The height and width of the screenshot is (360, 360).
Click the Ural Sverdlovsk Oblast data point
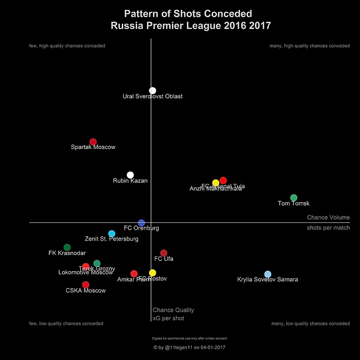(152, 90)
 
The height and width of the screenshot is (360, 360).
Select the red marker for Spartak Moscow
(93, 142)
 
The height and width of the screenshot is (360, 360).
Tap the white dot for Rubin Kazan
(130, 175)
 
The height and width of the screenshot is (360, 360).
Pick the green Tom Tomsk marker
(294, 198)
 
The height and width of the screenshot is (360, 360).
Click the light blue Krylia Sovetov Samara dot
(268, 274)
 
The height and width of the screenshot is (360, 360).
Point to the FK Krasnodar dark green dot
(67, 247)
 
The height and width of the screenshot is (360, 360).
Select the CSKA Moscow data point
(86, 285)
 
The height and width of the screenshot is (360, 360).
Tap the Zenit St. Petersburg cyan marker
(111, 233)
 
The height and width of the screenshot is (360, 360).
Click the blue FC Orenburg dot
(142, 223)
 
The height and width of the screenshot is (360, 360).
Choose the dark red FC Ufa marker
(164, 253)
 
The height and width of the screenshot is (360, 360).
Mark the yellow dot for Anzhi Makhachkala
(216, 183)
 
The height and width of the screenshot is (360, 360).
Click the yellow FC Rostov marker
(152, 273)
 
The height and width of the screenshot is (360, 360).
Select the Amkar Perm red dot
(134, 274)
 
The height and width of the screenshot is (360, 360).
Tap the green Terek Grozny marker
(97, 263)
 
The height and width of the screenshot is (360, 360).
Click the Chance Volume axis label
(328, 217)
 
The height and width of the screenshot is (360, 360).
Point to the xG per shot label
(168, 319)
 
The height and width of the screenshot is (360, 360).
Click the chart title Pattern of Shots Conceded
(188, 14)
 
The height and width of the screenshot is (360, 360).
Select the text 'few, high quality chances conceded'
(67, 46)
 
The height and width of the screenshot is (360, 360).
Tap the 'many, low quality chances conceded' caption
(311, 324)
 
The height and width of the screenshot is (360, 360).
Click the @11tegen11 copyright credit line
(189, 348)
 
